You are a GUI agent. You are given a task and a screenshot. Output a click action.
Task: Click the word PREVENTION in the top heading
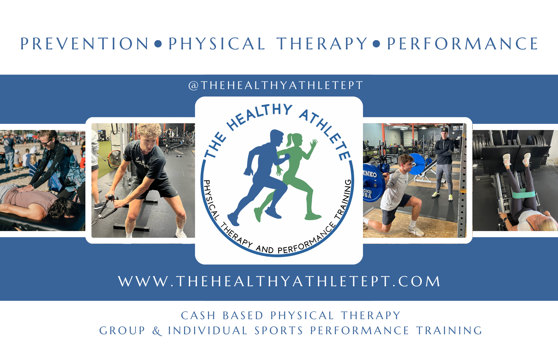(x=85, y=44)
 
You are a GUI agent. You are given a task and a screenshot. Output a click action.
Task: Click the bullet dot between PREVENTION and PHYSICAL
(x=158, y=44)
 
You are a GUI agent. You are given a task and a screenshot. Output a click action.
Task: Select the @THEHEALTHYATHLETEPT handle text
(x=276, y=85)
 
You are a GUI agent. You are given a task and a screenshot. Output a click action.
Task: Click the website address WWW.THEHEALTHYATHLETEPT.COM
(x=279, y=281)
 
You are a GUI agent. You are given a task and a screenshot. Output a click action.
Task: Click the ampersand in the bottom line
(x=157, y=331)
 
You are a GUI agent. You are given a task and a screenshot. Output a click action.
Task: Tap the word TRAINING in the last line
(x=449, y=331)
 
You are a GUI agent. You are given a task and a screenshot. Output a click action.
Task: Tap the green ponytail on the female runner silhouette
(x=289, y=140)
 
